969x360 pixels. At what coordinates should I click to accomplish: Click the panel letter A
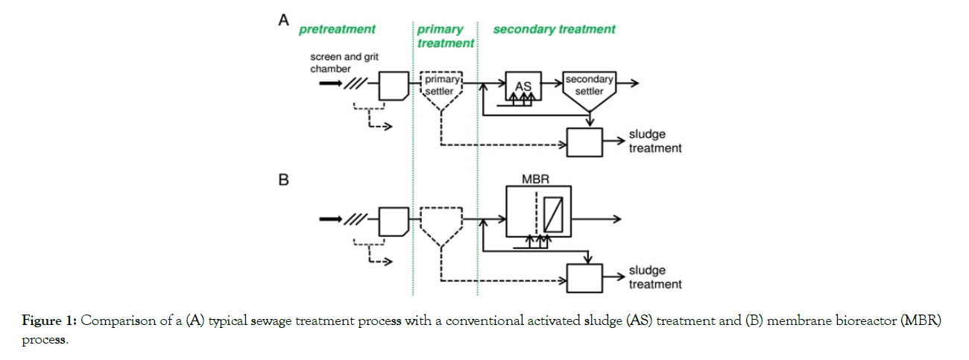coord(283,21)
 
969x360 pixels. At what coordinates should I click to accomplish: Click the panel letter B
coord(283,180)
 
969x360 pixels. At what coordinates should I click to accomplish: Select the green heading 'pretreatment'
coord(337,30)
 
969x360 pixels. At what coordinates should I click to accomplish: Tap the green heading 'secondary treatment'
coord(554,30)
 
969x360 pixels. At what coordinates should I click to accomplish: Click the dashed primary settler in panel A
coord(442,89)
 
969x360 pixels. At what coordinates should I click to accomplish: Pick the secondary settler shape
coord(589,90)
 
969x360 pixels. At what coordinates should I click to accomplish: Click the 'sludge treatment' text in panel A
coord(654,142)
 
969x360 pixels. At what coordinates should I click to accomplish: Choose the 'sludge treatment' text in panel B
coord(654,277)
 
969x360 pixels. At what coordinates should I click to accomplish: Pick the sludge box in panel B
coord(584,278)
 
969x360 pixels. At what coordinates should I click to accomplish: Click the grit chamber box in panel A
coord(394,85)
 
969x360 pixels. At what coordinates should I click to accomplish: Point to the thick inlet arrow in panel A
coord(329,83)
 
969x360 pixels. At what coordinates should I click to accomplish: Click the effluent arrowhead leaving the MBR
coord(617,218)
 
